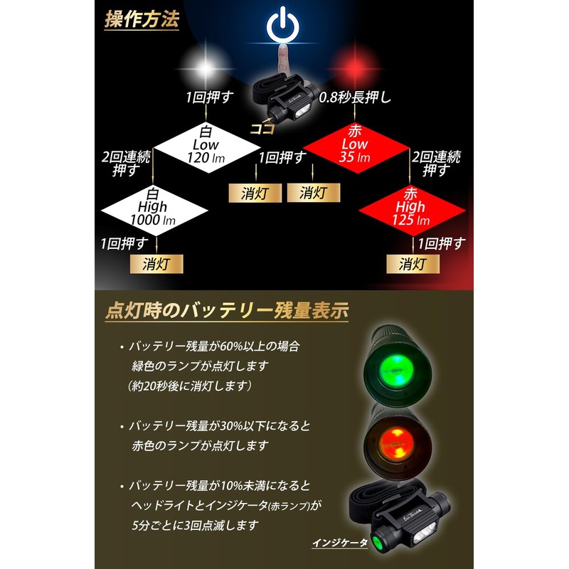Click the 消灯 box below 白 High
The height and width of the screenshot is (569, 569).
(156, 264)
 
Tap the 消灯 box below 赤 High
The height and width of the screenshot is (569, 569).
(413, 264)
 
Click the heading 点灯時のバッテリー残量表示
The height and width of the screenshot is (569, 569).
(227, 311)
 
